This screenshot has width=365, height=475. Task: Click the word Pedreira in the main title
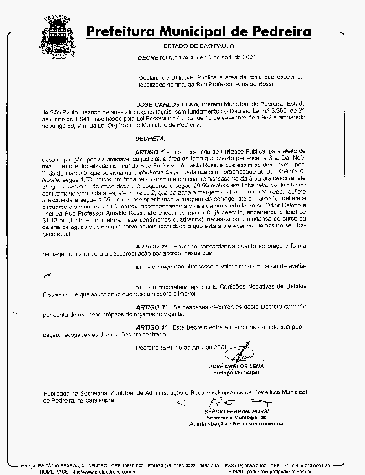tap(279, 31)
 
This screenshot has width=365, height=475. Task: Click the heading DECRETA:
tap(151, 138)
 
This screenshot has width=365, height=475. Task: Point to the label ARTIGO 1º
tap(150, 150)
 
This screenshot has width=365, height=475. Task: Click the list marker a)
tap(139, 266)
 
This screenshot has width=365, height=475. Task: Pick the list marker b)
tap(139, 286)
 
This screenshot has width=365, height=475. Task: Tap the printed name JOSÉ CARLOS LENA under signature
tap(236, 366)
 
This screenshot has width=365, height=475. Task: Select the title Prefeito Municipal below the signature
tap(236, 372)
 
